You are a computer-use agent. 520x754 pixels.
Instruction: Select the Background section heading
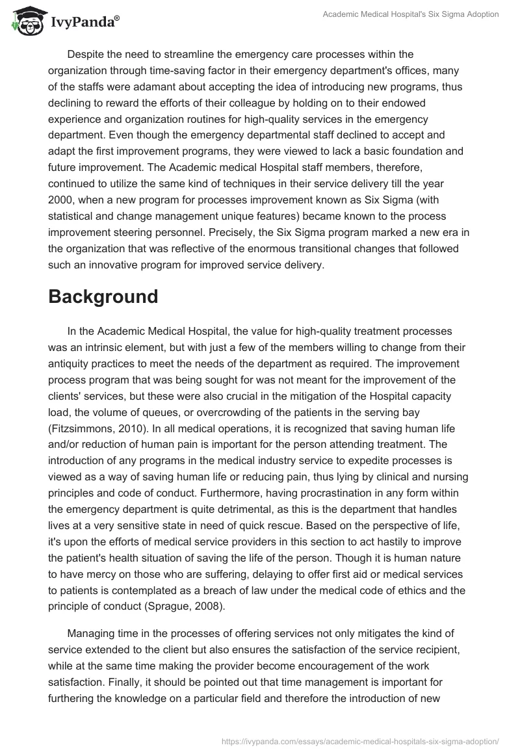(x=103, y=296)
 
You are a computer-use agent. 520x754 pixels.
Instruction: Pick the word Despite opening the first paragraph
(x=84, y=54)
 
